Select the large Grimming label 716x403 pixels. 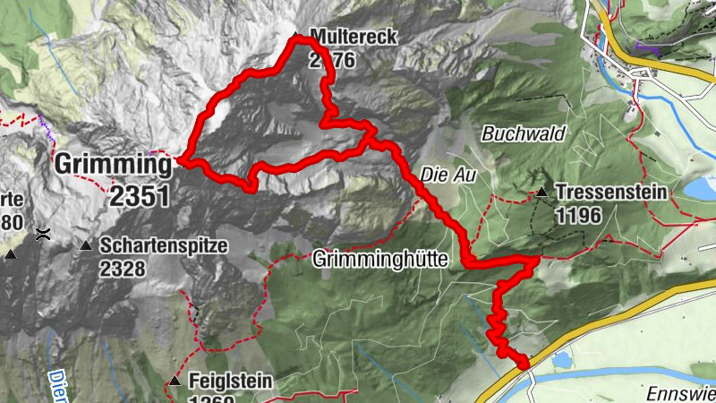113,165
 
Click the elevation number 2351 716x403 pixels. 140,195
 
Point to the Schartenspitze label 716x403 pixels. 164,244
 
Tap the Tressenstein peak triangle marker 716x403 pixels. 541,192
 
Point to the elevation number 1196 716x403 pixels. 582,215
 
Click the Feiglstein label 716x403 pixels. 231,382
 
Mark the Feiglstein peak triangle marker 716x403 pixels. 175,382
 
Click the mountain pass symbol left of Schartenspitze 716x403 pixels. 43,235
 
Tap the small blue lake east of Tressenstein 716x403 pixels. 700,188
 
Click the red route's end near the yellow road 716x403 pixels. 524,363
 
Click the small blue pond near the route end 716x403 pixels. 562,360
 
